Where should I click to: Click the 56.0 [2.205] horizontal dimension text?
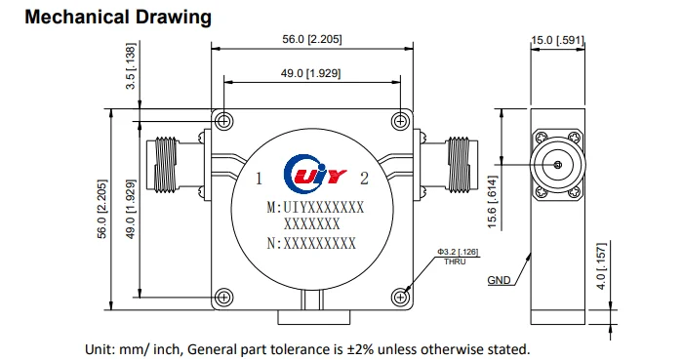click(x=311, y=39)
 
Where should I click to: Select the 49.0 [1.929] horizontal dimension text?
click(x=311, y=73)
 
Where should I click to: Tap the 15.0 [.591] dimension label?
click(x=556, y=40)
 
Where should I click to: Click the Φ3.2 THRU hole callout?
click(x=457, y=256)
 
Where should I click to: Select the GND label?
click(x=499, y=280)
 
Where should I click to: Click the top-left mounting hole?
click(x=224, y=121)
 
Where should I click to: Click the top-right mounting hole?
click(x=398, y=121)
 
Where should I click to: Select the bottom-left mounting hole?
click(x=224, y=296)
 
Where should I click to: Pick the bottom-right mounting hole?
click(x=398, y=296)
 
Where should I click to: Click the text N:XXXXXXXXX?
click(x=311, y=244)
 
